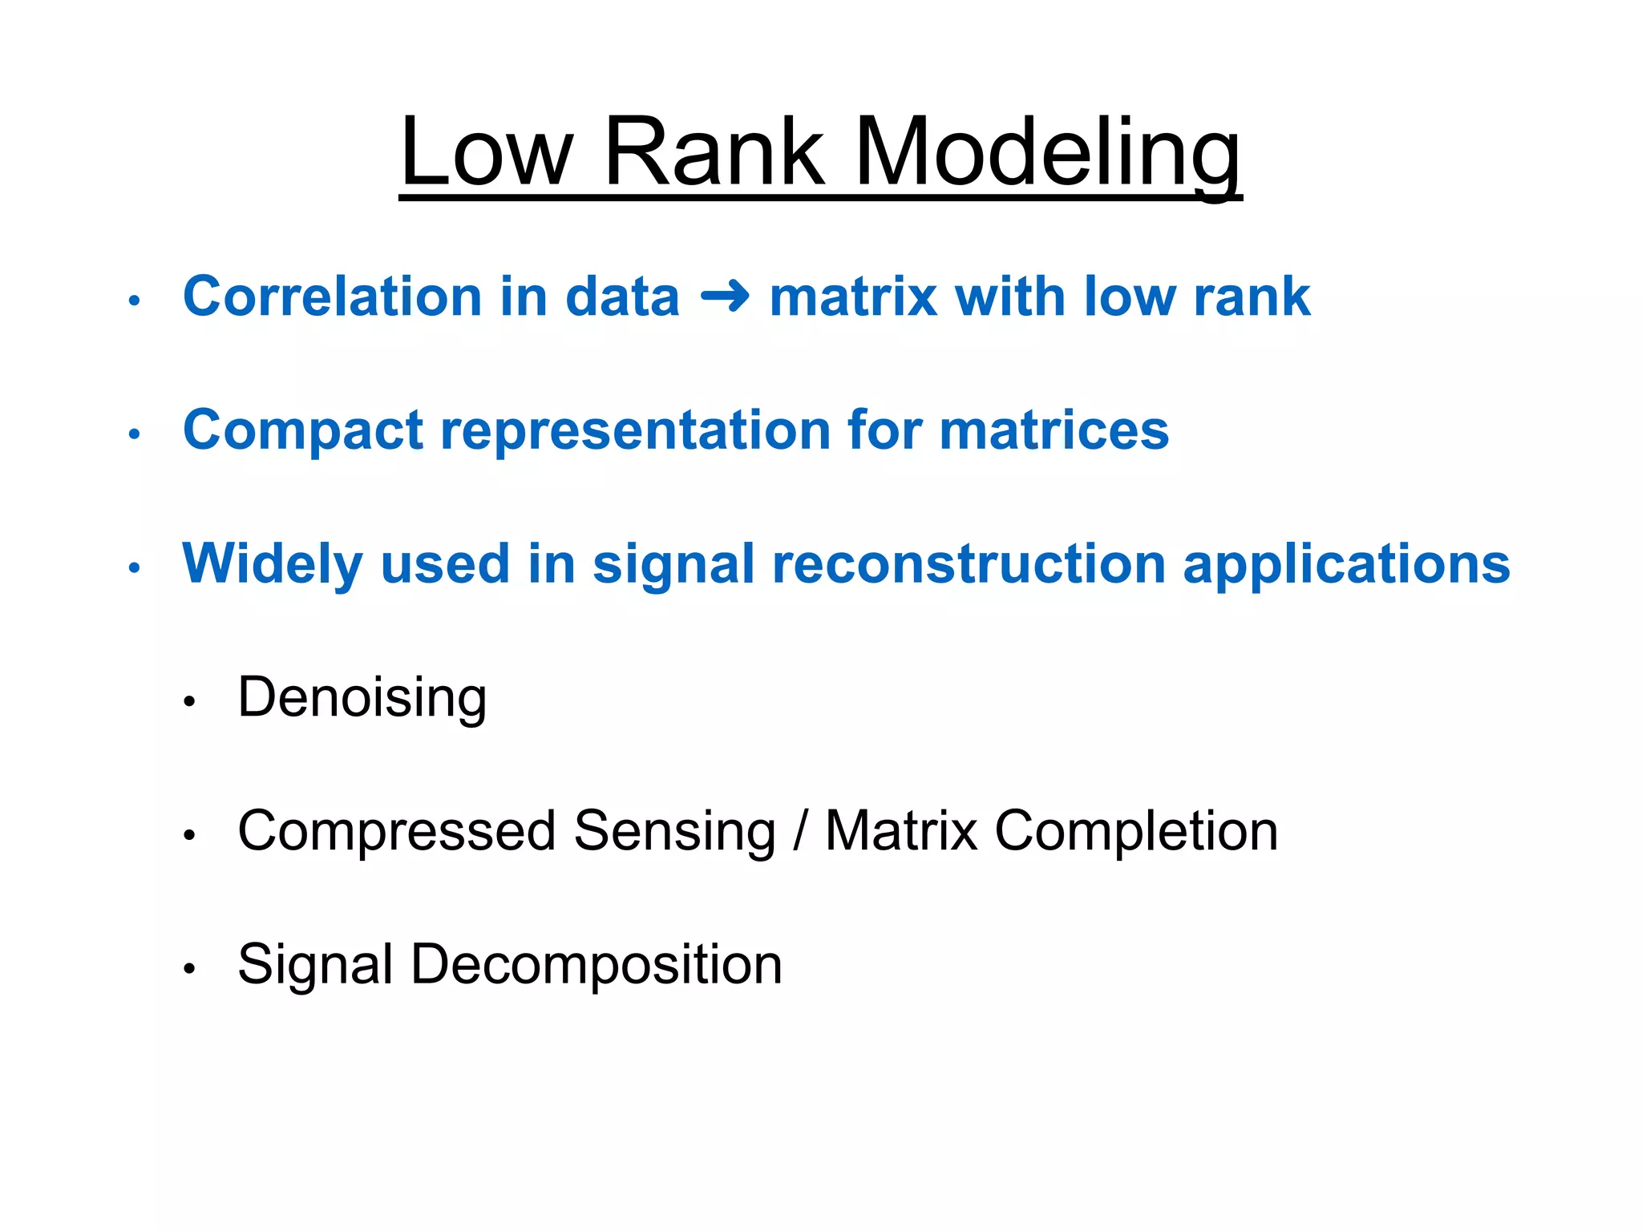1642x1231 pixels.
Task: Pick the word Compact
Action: click(x=302, y=431)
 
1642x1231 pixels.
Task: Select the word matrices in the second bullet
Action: click(x=1054, y=431)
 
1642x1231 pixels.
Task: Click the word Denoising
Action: click(x=362, y=699)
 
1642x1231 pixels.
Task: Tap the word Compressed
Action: click(x=397, y=832)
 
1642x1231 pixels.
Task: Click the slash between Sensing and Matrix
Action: click(x=799, y=832)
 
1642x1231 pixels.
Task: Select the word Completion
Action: click(x=1136, y=832)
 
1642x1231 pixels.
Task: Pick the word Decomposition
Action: click(x=596, y=965)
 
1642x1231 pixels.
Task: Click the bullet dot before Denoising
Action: click(x=189, y=702)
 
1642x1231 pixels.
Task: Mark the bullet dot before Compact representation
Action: click(x=135, y=434)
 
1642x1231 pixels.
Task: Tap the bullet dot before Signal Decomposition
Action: click(x=189, y=969)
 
